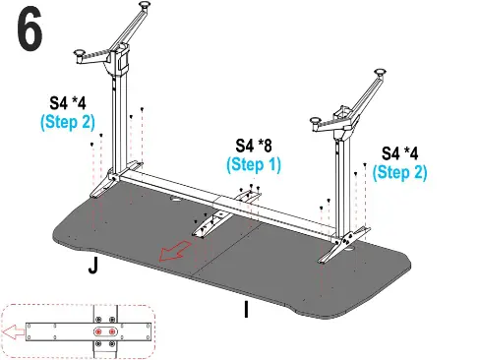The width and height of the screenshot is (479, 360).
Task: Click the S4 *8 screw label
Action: click(x=254, y=147)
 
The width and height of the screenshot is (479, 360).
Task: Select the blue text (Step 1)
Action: click(x=254, y=165)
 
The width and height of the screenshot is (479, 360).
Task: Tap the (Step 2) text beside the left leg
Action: click(x=67, y=121)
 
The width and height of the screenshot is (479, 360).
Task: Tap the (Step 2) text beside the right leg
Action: click(x=401, y=171)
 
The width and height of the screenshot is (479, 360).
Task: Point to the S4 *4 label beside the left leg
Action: click(x=69, y=102)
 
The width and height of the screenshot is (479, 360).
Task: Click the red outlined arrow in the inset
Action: click(x=15, y=332)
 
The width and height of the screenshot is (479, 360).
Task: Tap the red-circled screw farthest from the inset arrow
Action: click(x=111, y=332)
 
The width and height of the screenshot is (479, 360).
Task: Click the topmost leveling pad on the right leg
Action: click(x=379, y=72)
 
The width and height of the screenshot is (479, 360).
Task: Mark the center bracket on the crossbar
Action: click(x=238, y=208)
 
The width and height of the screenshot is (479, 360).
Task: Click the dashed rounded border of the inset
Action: click(x=79, y=308)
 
